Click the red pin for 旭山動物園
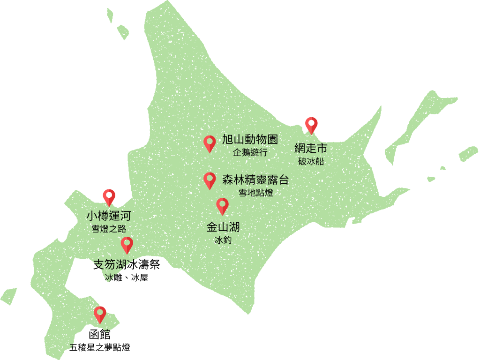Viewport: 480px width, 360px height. click(210, 142)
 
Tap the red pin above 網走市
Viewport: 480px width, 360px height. click(311, 124)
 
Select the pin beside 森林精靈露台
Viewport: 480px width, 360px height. click(210, 180)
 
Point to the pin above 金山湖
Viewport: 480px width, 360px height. click(222, 205)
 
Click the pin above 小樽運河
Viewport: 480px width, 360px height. click(109, 196)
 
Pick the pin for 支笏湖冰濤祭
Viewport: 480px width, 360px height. click(127, 244)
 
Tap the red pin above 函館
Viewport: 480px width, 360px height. click(100, 313)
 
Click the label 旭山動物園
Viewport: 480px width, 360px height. click(250, 140)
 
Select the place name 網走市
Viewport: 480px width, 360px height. click(311, 149)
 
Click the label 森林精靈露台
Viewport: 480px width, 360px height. click(255, 180)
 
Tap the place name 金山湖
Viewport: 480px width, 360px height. click(223, 227)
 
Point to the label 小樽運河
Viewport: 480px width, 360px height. click(108, 216)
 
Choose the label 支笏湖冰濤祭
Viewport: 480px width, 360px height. click(127, 265)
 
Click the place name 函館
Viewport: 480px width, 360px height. click(100, 335)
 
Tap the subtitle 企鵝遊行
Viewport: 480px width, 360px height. click(250, 152)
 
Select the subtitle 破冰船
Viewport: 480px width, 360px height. click(311, 162)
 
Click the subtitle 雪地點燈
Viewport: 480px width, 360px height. click(255, 193)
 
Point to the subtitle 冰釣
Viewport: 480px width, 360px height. click(223, 240)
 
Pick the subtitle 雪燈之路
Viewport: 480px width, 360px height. click(108, 229)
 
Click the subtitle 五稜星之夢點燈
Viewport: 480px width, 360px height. click(100, 348)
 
